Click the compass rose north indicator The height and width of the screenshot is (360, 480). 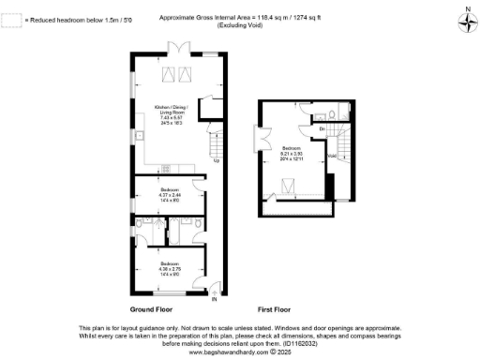(x=466, y=16)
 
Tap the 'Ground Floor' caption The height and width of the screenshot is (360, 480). (x=155, y=307)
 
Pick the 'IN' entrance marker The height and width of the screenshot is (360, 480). (x=213, y=299)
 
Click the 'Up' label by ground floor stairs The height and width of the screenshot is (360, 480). (x=217, y=161)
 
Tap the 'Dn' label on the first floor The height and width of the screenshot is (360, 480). (x=322, y=127)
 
